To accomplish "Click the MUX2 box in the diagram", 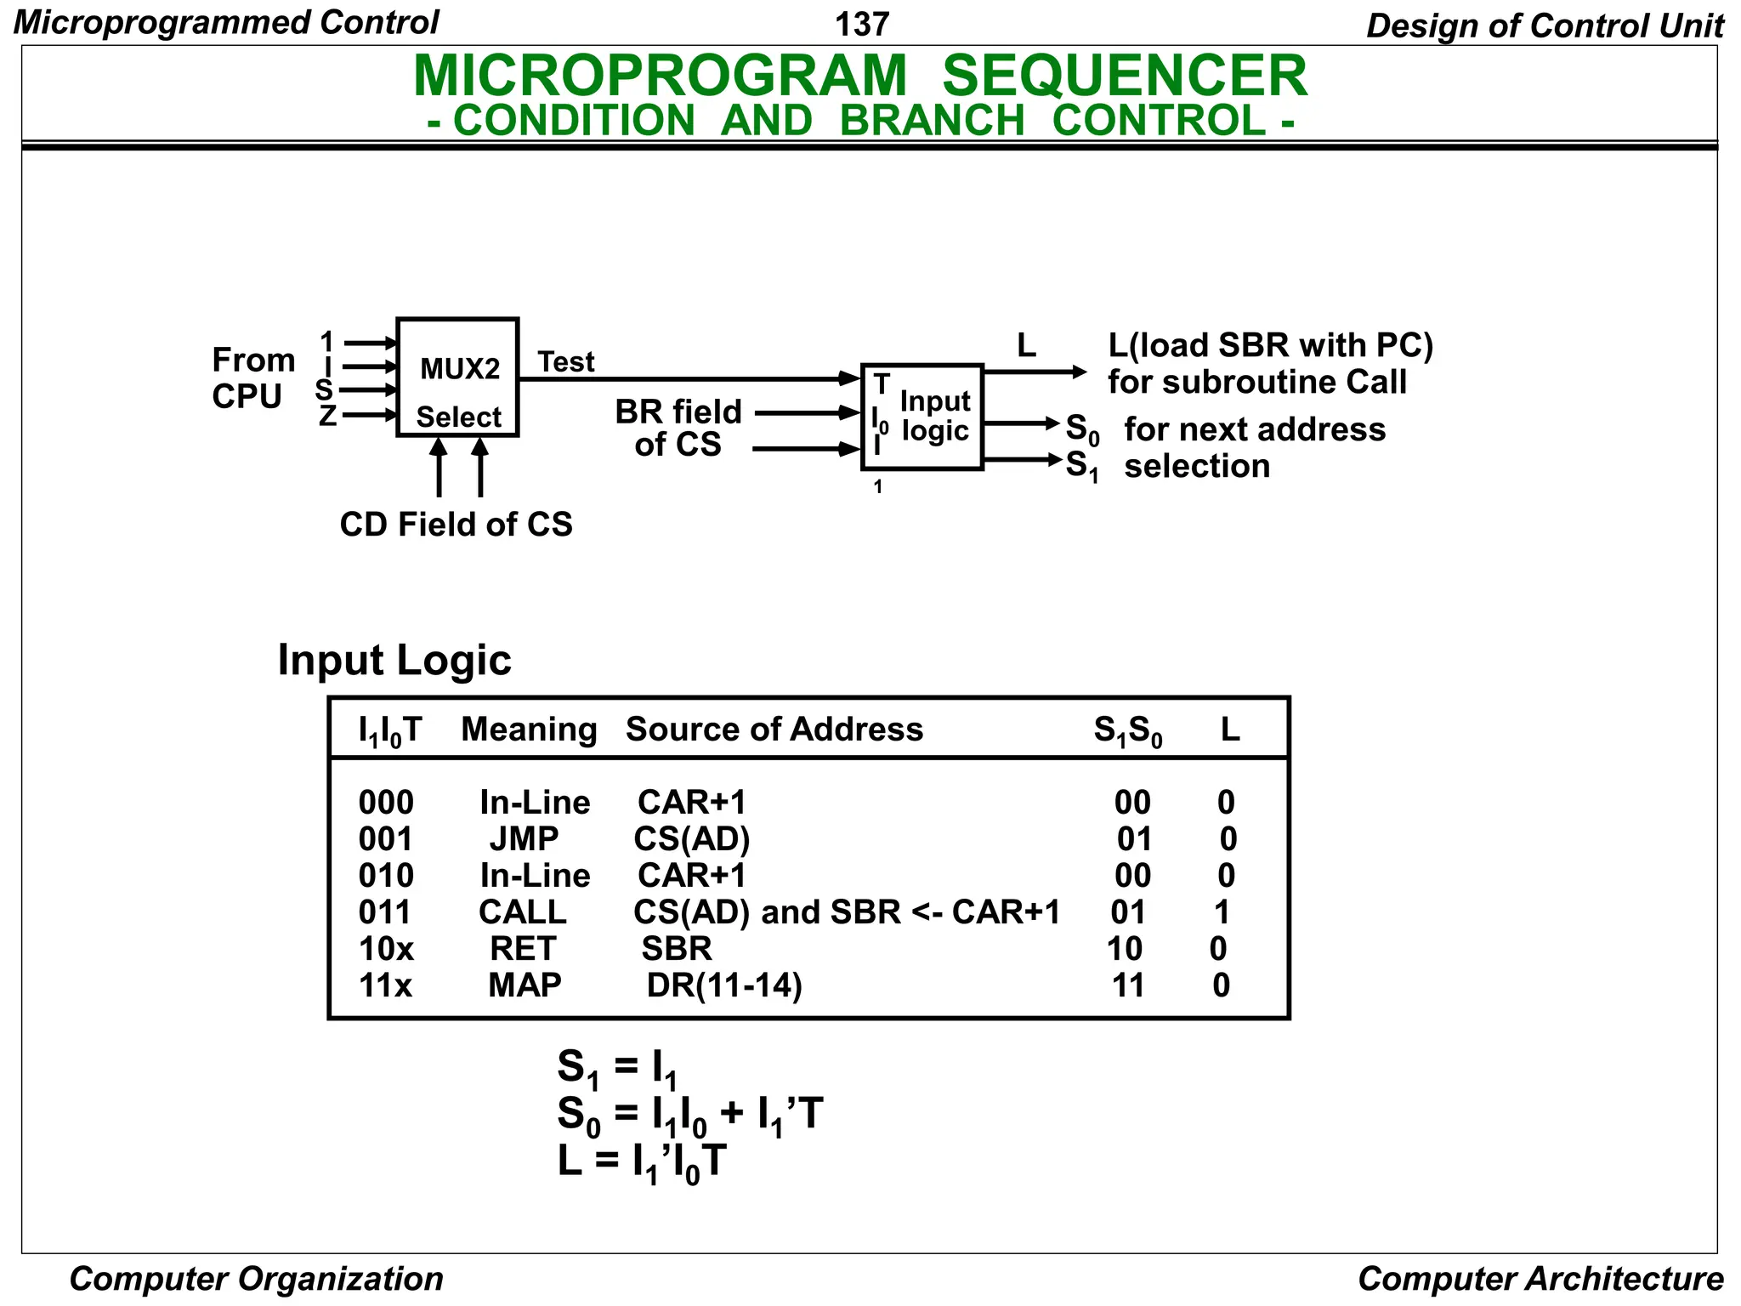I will (457, 378).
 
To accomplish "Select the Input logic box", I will (922, 417).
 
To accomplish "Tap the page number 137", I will (862, 24).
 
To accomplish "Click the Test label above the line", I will (566, 362).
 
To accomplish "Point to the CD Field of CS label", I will (456, 525).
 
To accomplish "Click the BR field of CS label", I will (678, 428).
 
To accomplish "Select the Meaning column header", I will (529, 730).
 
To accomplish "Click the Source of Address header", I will (774, 730).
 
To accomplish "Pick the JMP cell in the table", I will (524, 839).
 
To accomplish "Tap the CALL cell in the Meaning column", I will (522, 912).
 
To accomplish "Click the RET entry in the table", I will (523, 949).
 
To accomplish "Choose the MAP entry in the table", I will (525, 985).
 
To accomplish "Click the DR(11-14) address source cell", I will (724, 985).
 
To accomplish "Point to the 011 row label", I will (385, 912).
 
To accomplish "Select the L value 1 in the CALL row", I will (1222, 912).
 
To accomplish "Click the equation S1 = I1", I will (617, 1068).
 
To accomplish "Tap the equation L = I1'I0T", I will (643, 1162).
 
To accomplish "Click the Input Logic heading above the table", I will (394, 661).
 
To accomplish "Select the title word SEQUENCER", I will (1125, 77).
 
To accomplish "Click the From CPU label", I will (252, 378).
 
